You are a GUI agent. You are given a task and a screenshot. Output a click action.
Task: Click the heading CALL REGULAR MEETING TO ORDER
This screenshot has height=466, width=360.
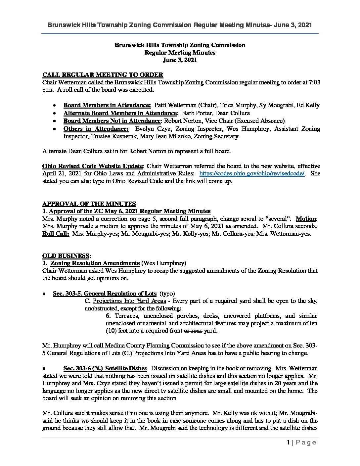pyautogui.click(x=103, y=75)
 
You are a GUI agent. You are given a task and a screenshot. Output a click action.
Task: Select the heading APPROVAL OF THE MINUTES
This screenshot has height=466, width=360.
pyautogui.click(x=89, y=204)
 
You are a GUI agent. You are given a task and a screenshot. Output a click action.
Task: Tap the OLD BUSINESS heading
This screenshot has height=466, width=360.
pyautogui.click(x=66, y=256)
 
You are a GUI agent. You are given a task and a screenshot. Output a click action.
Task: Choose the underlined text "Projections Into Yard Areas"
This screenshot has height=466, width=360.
pyautogui.click(x=129, y=301)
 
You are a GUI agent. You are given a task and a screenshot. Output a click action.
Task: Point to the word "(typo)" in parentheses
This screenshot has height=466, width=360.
pyautogui.click(x=167, y=294)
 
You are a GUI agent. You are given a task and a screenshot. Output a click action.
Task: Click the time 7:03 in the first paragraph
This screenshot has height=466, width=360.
pyautogui.click(x=313, y=82)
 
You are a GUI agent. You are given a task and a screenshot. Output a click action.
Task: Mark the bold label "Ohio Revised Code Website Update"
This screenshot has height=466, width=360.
pyautogui.click(x=93, y=166)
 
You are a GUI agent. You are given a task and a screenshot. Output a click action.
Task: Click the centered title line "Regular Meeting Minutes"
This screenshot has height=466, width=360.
pyautogui.click(x=180, y=52)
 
